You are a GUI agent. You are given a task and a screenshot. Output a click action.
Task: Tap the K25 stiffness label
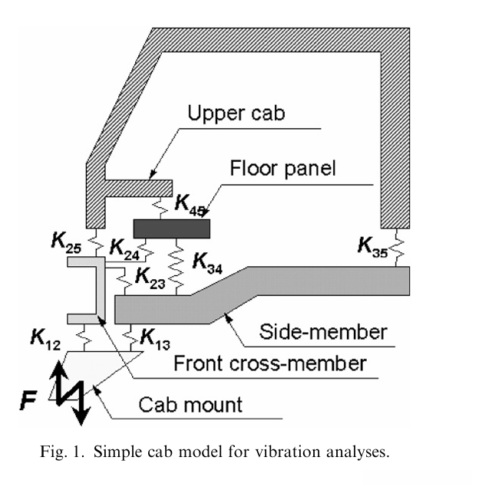(x=66, y=242)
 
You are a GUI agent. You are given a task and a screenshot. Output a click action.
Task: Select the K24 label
(x=124, y=249)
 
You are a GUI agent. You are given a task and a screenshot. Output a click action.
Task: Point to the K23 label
(x=150, y=278)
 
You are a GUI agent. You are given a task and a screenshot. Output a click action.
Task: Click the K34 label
(x=207, y=263)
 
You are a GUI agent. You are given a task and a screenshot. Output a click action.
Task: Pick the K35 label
(x=373, y=247)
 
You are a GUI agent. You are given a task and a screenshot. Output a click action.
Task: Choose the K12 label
(x=45, y=339)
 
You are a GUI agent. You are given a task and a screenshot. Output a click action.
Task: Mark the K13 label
(x=155, y=340)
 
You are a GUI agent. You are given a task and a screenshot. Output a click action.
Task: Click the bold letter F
(x=28, y=400)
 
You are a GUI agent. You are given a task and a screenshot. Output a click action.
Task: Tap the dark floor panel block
(x=172, y=229)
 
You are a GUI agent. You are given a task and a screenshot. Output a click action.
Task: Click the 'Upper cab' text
(x=236, y=113)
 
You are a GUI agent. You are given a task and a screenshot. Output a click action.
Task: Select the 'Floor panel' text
(x=282, y=168)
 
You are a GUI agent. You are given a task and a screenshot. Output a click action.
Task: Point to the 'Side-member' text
(x=323, y=331)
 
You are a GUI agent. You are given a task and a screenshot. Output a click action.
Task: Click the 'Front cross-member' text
(x=270, y=363)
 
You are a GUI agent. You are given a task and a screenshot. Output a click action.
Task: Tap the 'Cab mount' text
(x=190, y=404)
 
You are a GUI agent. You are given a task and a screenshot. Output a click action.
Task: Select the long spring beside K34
(x=177, y=267)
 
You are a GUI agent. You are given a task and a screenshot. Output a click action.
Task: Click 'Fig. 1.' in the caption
(x=62, y=452)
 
